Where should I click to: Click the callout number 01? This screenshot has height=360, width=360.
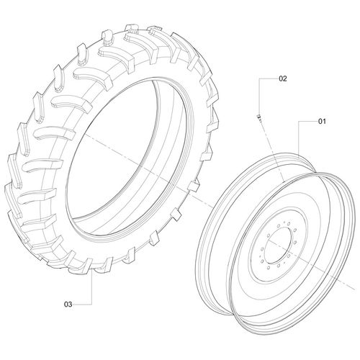coord(321,122)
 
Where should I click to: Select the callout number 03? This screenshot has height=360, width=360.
coord(68,305)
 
